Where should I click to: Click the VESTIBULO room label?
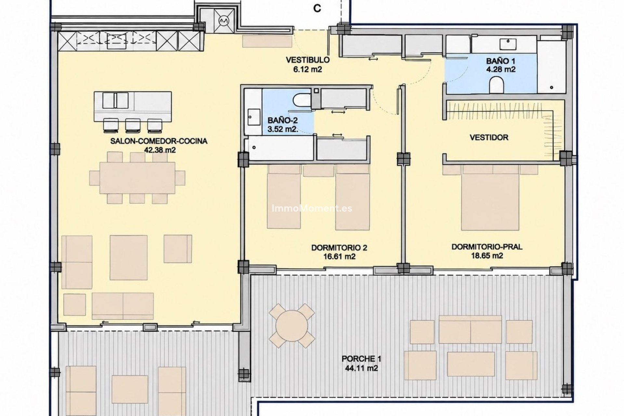(307, 60)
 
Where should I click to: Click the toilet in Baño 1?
(496, 84)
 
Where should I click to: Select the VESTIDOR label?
(489, 137)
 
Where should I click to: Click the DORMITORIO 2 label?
(339, 248)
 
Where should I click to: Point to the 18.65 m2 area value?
(487, 256)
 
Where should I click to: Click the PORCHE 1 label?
(361, 359)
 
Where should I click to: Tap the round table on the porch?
(292, 326)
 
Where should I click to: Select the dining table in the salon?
(137, 178)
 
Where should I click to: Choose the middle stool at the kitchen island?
(133, 125)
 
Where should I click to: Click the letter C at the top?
(317, 9)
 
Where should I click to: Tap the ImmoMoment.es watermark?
(312, 208)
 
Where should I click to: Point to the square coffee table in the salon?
(129, 257)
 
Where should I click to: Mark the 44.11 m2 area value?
(362, 368)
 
